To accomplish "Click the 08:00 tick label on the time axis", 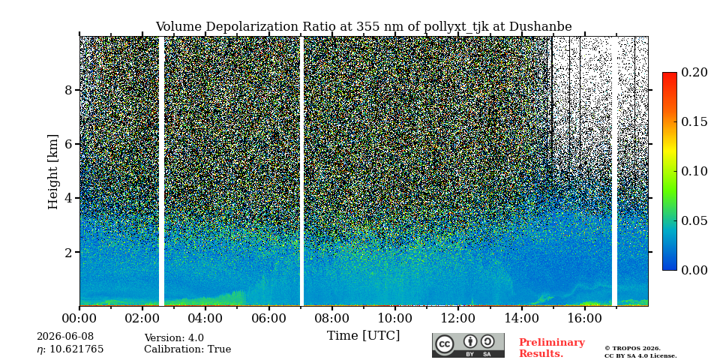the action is tap(331, 318).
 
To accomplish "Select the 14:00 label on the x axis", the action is tap(521, 318).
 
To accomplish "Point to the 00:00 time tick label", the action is tap(79, 318).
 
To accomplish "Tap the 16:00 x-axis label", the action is tap(584, 318).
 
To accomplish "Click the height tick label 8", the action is tap(68, 90).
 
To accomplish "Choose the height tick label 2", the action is tap(68, 252).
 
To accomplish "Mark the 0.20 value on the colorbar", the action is tap(694, 72).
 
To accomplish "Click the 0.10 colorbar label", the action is tap(694, 171).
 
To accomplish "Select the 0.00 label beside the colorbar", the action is tap(694, 270).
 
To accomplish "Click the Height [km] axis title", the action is tap(53, 172).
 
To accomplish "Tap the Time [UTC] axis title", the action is tap(363, 336).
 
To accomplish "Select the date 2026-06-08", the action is tap(65, 337).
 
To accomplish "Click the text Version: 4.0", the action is tap(174, 338).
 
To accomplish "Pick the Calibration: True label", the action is tap(187, 349).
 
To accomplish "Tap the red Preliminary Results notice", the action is tap(552, 347).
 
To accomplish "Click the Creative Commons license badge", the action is tap(468, 345).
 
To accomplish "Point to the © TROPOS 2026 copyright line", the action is tap(632, 349).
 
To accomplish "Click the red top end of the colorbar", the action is tap(670, 73).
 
